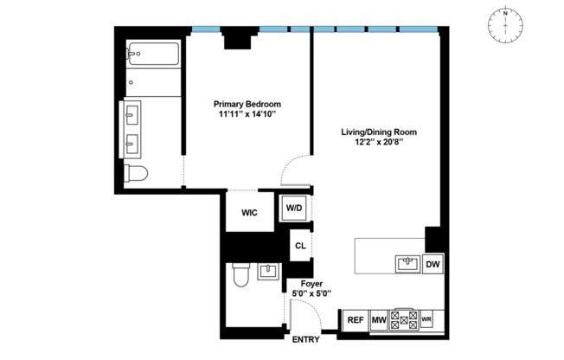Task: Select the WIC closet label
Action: pyautogui.click(x=249, y=211)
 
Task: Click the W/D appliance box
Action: pyautogui.click(x=293, y=208)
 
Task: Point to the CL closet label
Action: pyautogui.click(x=300, y=247)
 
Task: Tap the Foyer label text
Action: pyautogui.click(x=311, y=284)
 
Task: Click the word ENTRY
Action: pyautogui.click(x=305, y=339)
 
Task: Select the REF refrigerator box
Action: pyautogui.click(x=355, y=320)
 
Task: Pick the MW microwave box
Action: pyautogui.click(x=378, y=320)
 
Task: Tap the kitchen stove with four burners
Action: pyautogui.click(x=404, y=320)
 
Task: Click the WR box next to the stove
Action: pyautogui.click(x=426, y=320)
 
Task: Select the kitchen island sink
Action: pyautogui.click(x=407, y=262)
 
